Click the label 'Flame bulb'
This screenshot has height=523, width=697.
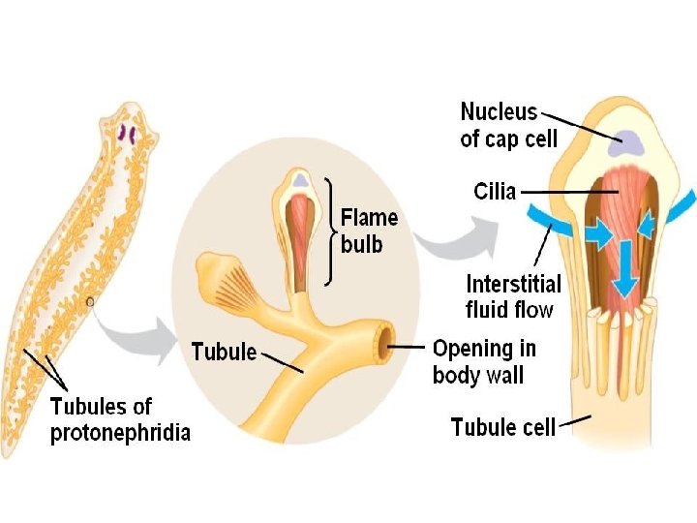click(x=370, y=231)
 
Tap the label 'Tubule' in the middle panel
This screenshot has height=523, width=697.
click(x=225, y=352)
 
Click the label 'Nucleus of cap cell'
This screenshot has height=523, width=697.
click(x=509, y=125)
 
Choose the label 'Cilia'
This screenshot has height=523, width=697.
click(x=495, y=192)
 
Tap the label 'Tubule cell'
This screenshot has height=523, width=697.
click(x=503, y=426)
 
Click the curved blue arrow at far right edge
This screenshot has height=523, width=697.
click(x=683, y=205)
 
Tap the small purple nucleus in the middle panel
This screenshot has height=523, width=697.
click(x=301, y=180)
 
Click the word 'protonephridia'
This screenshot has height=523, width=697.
click(x=120, y=433)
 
